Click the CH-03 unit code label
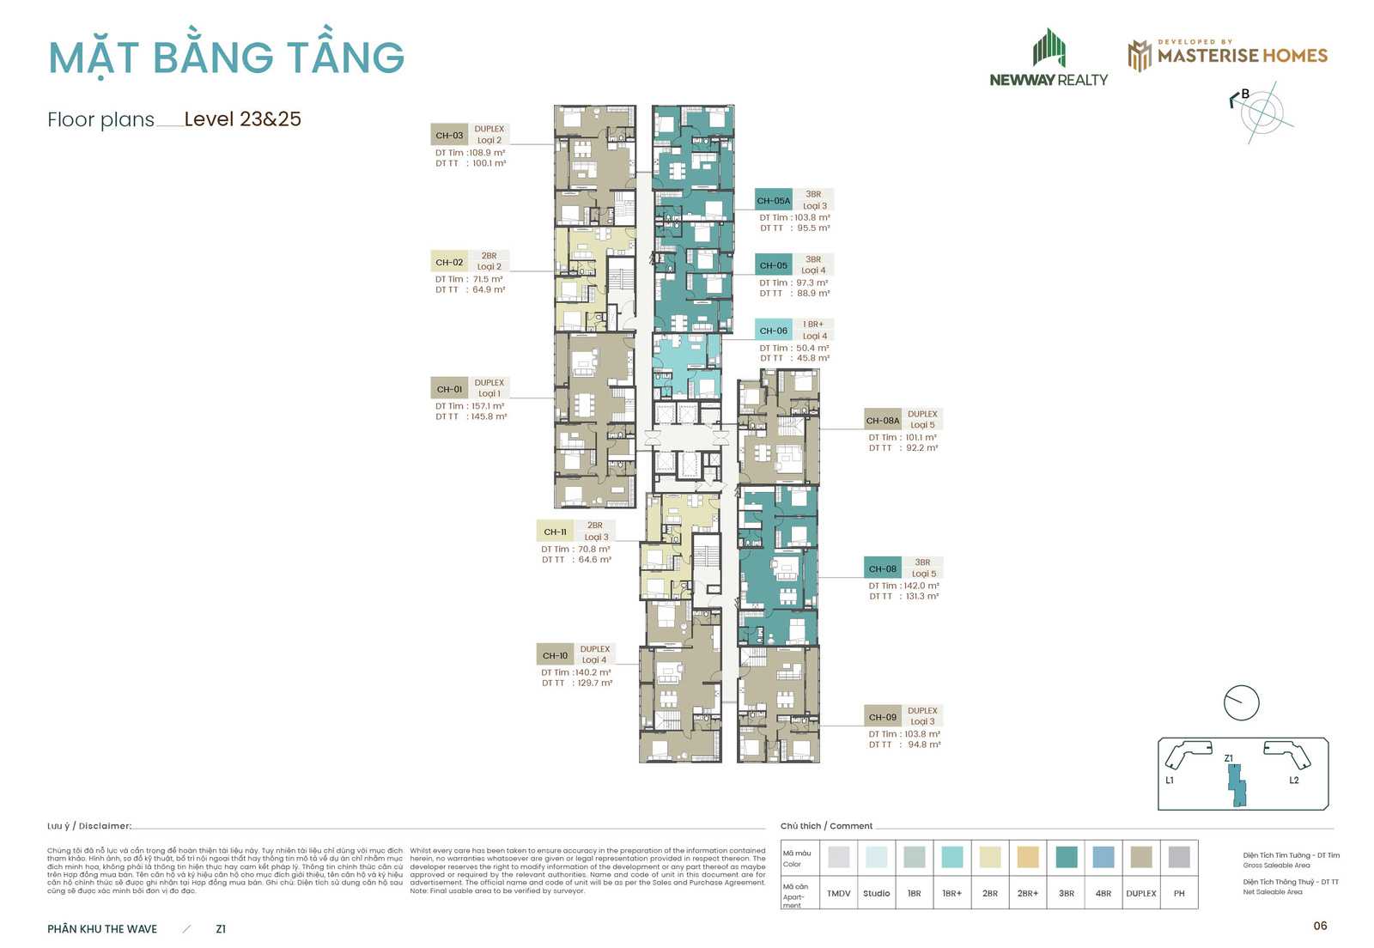click(449, 135)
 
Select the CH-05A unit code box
click(773, 201)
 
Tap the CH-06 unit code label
click(773, 331)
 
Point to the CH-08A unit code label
click(882, 421)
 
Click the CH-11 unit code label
click(555, 532)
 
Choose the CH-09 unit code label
click(882, 717)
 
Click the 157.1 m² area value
click(487, 406)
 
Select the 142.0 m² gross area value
click(921, 586)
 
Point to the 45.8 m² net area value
click(812, 358)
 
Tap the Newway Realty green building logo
click(1049, 48)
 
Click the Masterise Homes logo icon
click(1140, 56)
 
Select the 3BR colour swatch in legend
click(1066, 857)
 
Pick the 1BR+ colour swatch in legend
click(951, 857)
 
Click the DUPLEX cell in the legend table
click(1140, 893)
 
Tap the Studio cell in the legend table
click(876, 893)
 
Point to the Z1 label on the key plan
click(1229, 758)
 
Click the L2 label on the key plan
click(1294, 781)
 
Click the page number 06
click(1320, 926)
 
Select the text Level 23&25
click(242, 119)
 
